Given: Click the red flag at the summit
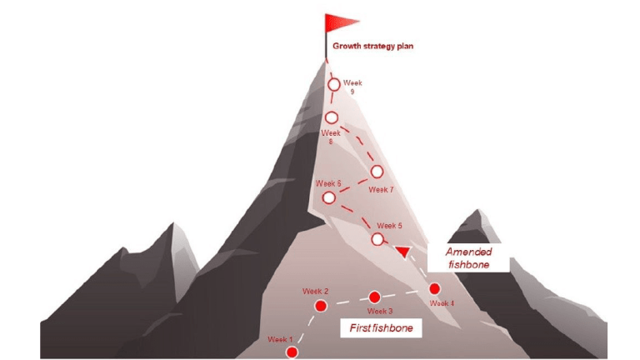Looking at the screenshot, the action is tap(340, 22).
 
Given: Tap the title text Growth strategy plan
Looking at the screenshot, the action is tap(372, 46).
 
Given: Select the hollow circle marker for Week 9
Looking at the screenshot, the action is tap(334, 85).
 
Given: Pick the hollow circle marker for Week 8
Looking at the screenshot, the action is tap(332, 118).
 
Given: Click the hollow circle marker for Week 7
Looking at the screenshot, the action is tap(377, 172).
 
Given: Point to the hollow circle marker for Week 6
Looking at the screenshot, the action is tap(329, 198).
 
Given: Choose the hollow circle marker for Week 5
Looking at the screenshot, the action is tap(377, 239).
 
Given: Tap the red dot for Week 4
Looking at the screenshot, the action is tap(435, 289).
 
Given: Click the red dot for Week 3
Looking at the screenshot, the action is tap(374, 297).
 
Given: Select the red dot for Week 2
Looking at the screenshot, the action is tap(321, 306).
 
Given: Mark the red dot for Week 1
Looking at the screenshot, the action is tap(292, 352).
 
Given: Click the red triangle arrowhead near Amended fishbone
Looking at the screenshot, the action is tap(402, 252).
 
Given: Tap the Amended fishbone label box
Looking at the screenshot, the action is tap(468, 258).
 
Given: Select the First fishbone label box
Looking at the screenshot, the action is tap(381, 327).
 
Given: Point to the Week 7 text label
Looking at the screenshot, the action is tap(381, 190).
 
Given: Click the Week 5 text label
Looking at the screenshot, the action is tap(389, 226).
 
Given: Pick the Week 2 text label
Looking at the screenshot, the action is tap(315, 292).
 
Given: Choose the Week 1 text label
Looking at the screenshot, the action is tap(280, 339).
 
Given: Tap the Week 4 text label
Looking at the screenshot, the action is tap(442, 303).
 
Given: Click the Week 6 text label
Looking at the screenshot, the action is tap(328, 183).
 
